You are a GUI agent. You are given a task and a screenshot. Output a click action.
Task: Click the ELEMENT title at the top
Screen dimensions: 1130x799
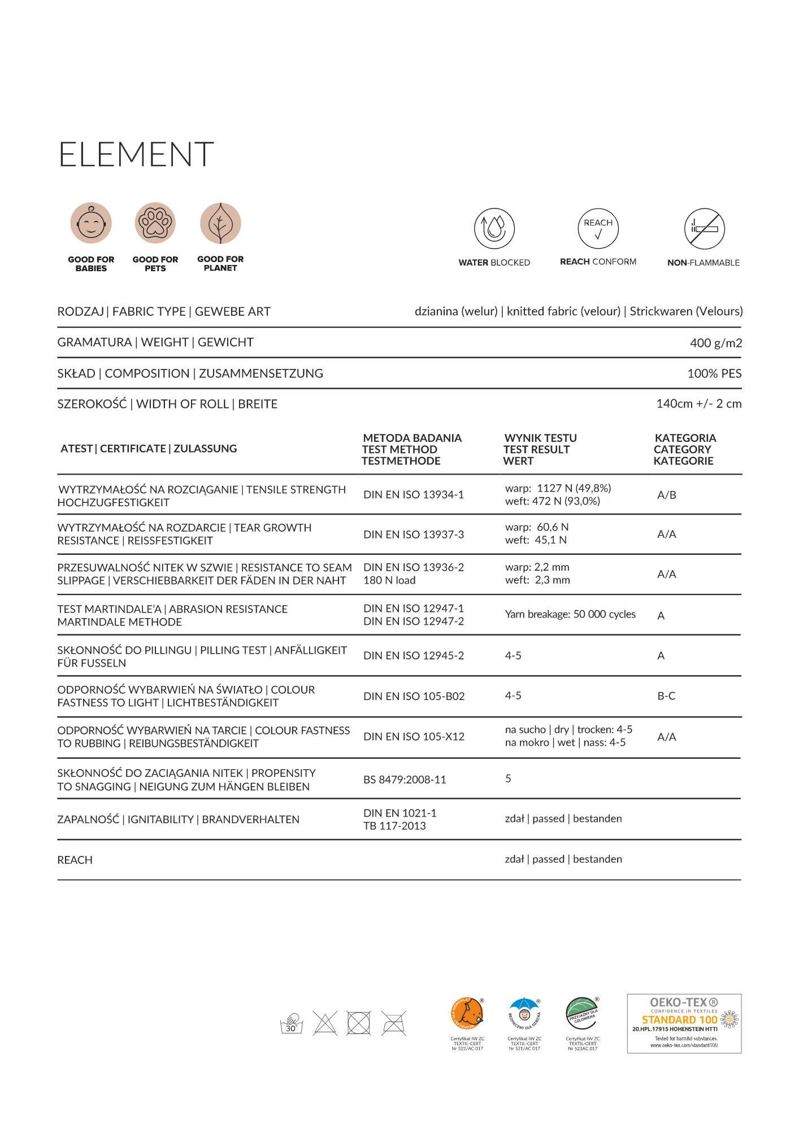pyautogui.click(x=136, y=154)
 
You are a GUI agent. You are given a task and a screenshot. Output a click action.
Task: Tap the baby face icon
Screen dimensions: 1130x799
pyautogui.click(x=91, y=223)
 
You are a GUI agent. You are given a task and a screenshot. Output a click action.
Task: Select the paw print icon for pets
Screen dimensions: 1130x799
pyautogui.click(x=155, y=223)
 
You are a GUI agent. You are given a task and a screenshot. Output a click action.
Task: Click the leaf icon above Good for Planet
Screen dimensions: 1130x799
pyautogui.click(x=220, y=223)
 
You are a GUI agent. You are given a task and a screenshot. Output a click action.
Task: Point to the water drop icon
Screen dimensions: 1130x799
pyautogui.click(x=494, y=228)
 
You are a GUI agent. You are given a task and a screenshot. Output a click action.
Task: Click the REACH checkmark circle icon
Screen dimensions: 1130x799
pyautogui.click(x=598, y=228)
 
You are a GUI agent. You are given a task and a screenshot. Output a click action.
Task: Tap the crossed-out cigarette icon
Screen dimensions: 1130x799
pyautogui.click(x=704, y=229)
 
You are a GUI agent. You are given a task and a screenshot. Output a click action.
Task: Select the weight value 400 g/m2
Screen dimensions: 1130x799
pyautogui.click(x=715, y=343)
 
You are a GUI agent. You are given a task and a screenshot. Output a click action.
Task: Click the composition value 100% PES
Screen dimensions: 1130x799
pyautogui.click(x=714, y=373)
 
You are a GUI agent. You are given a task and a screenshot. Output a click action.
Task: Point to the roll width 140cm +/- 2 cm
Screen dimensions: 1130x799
pyautogui.click(x=698, y=404)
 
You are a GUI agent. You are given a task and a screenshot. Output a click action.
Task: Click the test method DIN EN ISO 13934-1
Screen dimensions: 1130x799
pyautogui.click(x=414, y=495)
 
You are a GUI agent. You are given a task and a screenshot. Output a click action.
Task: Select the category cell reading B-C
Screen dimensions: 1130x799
pyautogui.click(x=666, y=696)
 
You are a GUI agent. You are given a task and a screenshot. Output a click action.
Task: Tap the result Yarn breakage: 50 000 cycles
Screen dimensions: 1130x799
pyautogui.click(x=570, y=614)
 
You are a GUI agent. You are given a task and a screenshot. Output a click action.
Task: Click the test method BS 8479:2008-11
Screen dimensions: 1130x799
pyautogui.click(x=405, y=780)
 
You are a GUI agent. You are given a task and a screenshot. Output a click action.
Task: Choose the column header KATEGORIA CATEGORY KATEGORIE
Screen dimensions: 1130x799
pyautogui.click(x=684, y=449)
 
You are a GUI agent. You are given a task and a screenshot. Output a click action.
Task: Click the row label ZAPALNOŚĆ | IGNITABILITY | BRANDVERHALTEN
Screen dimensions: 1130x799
pyautogui.click(x=178, y=819)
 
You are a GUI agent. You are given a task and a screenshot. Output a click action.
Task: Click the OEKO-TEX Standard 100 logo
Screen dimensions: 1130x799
pyautogui.click(x=684, y=1024)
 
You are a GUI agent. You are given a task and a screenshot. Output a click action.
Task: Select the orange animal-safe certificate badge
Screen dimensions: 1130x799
pyautogui.click(x=467, y=1014)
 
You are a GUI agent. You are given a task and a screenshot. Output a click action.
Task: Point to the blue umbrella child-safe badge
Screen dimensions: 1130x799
pyautogui.click(x=524, y=1014)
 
